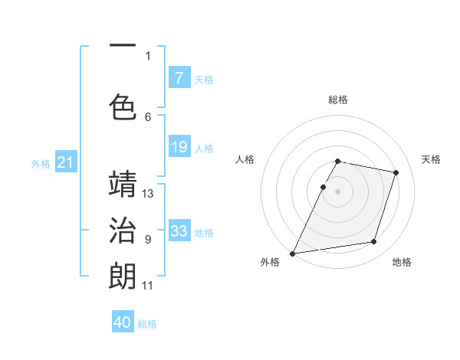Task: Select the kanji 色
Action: point(123,106)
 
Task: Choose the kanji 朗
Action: point(123,276)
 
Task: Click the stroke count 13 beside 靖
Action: point(148,194)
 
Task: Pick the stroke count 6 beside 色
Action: point(148,116)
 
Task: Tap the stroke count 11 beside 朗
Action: point(148,286)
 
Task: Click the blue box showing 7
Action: point(179,78)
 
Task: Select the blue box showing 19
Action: point(179,147)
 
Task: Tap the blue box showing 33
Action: point(179,231)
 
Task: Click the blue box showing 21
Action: point(66,162)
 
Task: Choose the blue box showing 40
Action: point(123,322)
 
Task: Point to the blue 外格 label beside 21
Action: point(41,163)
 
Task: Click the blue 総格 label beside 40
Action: point(148,324)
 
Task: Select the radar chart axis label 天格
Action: point(431,159)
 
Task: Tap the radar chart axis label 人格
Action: point(245,159)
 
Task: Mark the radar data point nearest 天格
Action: point(396,172)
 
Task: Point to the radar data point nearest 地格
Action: point(374,242)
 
